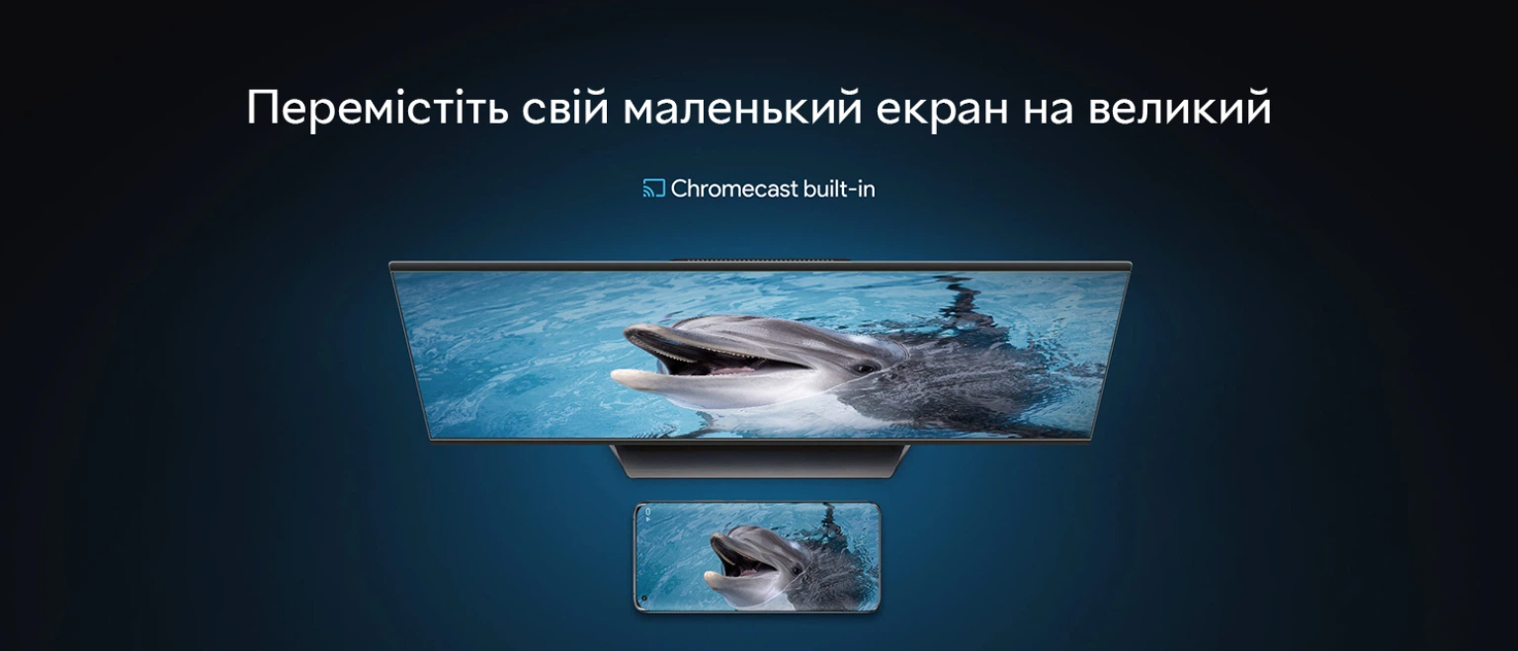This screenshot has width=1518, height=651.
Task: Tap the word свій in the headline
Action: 565,106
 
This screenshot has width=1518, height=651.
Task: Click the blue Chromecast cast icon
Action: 653,189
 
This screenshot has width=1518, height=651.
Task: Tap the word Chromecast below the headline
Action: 734,189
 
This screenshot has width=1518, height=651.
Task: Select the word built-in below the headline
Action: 839,189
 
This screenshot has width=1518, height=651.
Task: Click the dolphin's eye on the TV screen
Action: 865,368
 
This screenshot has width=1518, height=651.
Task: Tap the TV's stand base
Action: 759,460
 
